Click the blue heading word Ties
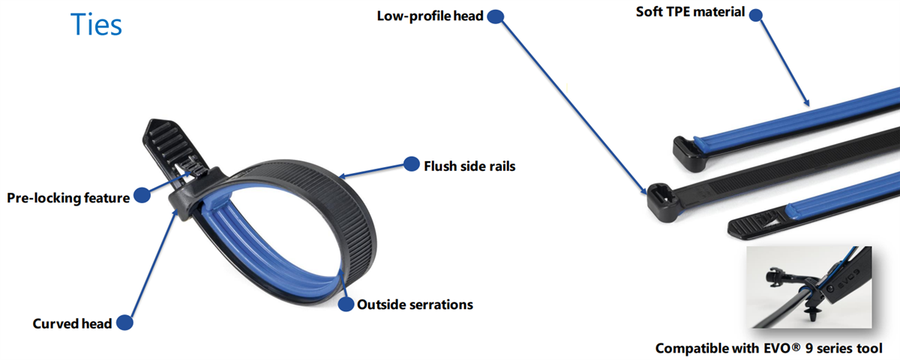click(96, 25)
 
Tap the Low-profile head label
click(430, 16)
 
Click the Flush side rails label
click(469, 166)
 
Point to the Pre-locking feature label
click(68, 198)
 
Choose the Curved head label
click(72, 323)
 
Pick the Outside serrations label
click(415, 304)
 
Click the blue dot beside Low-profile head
click(495, 16)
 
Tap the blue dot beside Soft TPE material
click(756, 13)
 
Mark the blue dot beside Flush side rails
click(411, 164)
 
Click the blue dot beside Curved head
click(124, 323)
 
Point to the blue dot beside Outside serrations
click(346, 304)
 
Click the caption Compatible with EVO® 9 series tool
click(769, 348)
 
